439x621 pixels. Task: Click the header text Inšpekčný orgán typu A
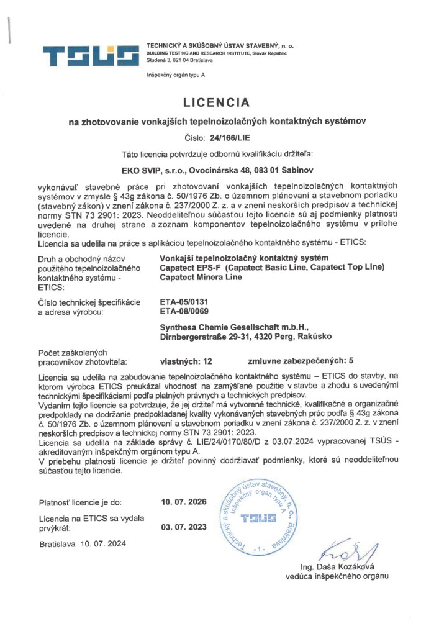[x=174, y=75]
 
